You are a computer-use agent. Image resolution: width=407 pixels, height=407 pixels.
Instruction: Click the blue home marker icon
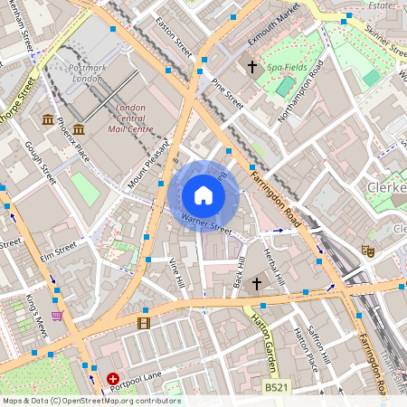coord(203,194)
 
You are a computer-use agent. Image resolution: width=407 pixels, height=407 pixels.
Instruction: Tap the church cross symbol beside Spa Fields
coord(253,66)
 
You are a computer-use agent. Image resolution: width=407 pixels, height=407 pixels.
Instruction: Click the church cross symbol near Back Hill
coord(256,284)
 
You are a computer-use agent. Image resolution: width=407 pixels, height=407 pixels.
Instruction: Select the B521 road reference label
coord(277,386)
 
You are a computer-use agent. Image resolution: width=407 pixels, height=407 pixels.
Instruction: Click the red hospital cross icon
coord(113,379)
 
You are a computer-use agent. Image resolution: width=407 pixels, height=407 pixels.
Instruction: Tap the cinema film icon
coord(143,322)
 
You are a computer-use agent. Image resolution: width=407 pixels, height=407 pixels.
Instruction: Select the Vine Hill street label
coord(177,272)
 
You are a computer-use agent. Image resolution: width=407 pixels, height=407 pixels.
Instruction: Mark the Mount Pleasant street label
coord(149,165)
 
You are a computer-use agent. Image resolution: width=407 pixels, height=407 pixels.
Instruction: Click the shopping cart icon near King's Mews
coord(58,316)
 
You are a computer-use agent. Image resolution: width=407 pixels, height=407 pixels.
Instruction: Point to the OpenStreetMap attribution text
coord(90,401)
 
